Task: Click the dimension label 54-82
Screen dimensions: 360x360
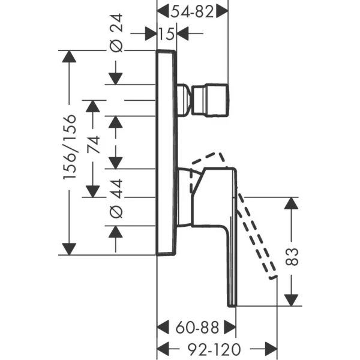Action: point(192,10)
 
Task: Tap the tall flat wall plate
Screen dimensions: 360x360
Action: point(166,153)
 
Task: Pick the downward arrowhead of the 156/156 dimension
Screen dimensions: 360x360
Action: point(71,248)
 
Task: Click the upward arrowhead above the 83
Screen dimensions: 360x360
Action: point(291,204)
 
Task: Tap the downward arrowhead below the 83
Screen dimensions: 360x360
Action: point(291,299)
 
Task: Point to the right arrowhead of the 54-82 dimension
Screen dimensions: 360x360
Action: point(223,10)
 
